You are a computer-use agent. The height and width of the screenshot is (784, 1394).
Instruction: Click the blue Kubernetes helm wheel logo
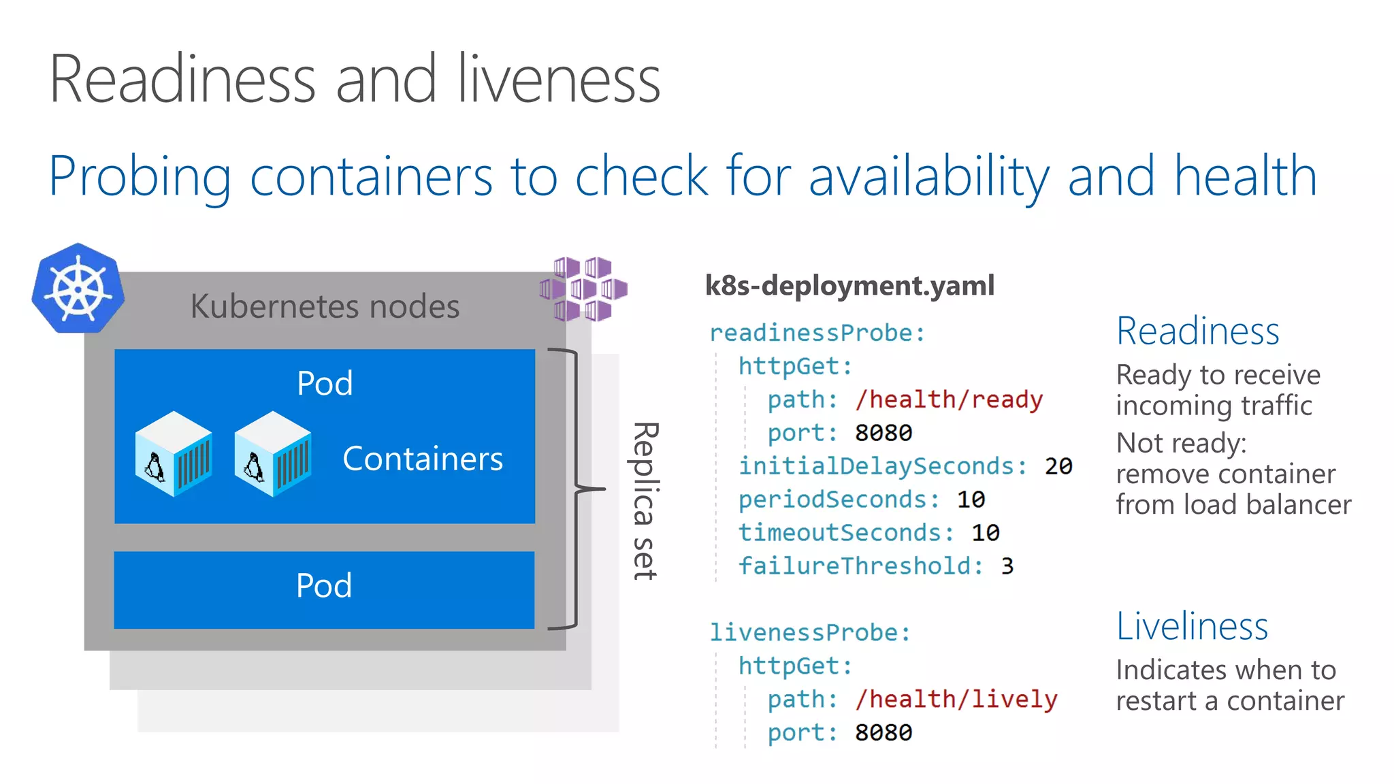tap(78, 289)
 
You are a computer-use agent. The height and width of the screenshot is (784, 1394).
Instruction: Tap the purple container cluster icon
tap(583, 289)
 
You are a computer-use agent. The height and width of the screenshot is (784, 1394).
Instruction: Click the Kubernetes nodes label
tap(325, 306)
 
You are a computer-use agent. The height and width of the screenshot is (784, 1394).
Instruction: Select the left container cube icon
tap(174, 454)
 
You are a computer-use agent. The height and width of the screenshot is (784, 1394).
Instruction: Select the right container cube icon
tap(273, 454)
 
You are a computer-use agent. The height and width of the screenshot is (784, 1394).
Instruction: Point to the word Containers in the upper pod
tap(423, 459)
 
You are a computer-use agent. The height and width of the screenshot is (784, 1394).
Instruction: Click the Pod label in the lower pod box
tap(324, 585)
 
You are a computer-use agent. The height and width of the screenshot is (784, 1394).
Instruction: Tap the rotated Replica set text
tap(644, 501)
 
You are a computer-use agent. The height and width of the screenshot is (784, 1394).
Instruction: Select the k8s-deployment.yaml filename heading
tap(849, 285)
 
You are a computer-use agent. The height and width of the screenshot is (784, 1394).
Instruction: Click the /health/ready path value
tap(949, 399)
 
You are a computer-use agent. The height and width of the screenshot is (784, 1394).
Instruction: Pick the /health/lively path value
tap(956, 699)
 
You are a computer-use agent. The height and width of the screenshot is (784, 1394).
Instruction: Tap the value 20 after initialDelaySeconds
tap(1058, 466)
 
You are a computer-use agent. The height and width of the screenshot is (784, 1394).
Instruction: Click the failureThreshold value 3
tap(1007, 566)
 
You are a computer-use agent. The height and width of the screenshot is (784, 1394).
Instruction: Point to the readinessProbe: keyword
tap(817, 333)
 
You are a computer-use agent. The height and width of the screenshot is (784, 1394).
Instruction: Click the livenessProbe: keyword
tap(810, 632)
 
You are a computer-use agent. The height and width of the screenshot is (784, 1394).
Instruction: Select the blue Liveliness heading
tap(1192, 626)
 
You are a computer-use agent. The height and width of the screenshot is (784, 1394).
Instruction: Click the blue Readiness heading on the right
tap(1198, 331)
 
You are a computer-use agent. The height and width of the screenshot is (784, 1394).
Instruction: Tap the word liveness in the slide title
tap(558, 80)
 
